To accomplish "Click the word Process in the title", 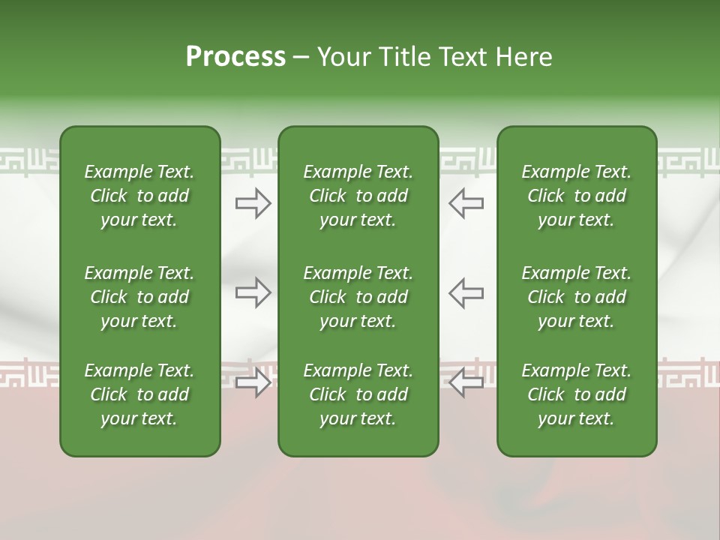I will [235, 57].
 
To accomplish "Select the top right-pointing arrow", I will [253, 203].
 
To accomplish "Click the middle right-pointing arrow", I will [253, 292].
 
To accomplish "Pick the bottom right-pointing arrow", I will [253, 382].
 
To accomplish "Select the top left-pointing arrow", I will [466, 203].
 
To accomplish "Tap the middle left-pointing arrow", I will [466, 292].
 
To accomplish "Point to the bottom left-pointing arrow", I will [466, 382].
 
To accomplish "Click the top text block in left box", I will [139, 196].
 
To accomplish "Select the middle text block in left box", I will [139, 297].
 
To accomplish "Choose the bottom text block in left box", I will [139, 394].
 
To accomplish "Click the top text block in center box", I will [358, 196].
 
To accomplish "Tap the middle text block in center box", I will [358, 297].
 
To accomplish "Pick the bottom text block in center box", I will [358, 394].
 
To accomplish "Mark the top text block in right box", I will [576, 196].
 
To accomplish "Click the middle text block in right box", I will [576, 297].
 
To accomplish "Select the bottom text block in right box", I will [576, 394].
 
